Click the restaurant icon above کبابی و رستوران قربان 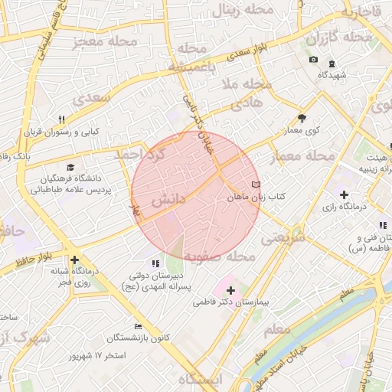point(62,119)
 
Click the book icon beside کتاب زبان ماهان point(256,185)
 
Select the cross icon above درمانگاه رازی point(344,194)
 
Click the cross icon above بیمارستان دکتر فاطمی point(230,290)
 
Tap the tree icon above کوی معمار point(302,118)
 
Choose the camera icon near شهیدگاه point(313,60)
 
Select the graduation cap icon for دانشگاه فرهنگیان point(71,167)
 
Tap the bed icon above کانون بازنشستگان point(138,326)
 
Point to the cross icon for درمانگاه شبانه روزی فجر point(74,260)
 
